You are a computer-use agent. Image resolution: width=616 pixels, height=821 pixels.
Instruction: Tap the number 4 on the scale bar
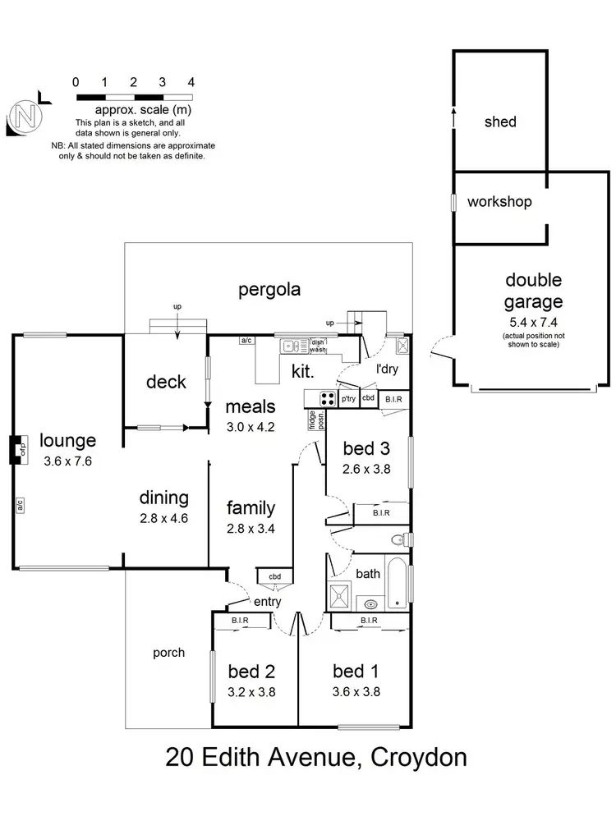click(x=191, y=82)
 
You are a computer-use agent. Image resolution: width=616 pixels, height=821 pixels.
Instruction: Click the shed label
click(x=500, y=122)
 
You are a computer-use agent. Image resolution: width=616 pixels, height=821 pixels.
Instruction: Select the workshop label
click(x=499, y=202)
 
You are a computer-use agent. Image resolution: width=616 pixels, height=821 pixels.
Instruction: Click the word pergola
click(x=269, y=289)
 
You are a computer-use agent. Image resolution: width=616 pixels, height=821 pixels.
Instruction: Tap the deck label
click(x=166, y=382)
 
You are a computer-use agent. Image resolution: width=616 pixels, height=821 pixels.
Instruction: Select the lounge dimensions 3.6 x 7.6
click(x=68, y=461)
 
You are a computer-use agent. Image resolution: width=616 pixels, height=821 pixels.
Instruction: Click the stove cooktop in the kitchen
click(x=327, y=399)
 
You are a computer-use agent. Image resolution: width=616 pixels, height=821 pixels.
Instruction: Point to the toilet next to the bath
click(x=400, y=539)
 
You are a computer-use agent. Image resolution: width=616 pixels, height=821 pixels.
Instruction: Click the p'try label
click(x=349, y=399)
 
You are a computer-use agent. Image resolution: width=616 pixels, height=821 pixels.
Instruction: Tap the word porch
click(x=168, y=654)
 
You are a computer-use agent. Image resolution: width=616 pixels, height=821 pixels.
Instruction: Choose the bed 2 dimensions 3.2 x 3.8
click(x=251, y=691)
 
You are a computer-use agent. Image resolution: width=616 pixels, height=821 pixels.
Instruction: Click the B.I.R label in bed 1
click(x=368, y=621)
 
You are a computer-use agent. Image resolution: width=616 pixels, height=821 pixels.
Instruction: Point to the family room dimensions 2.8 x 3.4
click(x=251, y=529)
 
